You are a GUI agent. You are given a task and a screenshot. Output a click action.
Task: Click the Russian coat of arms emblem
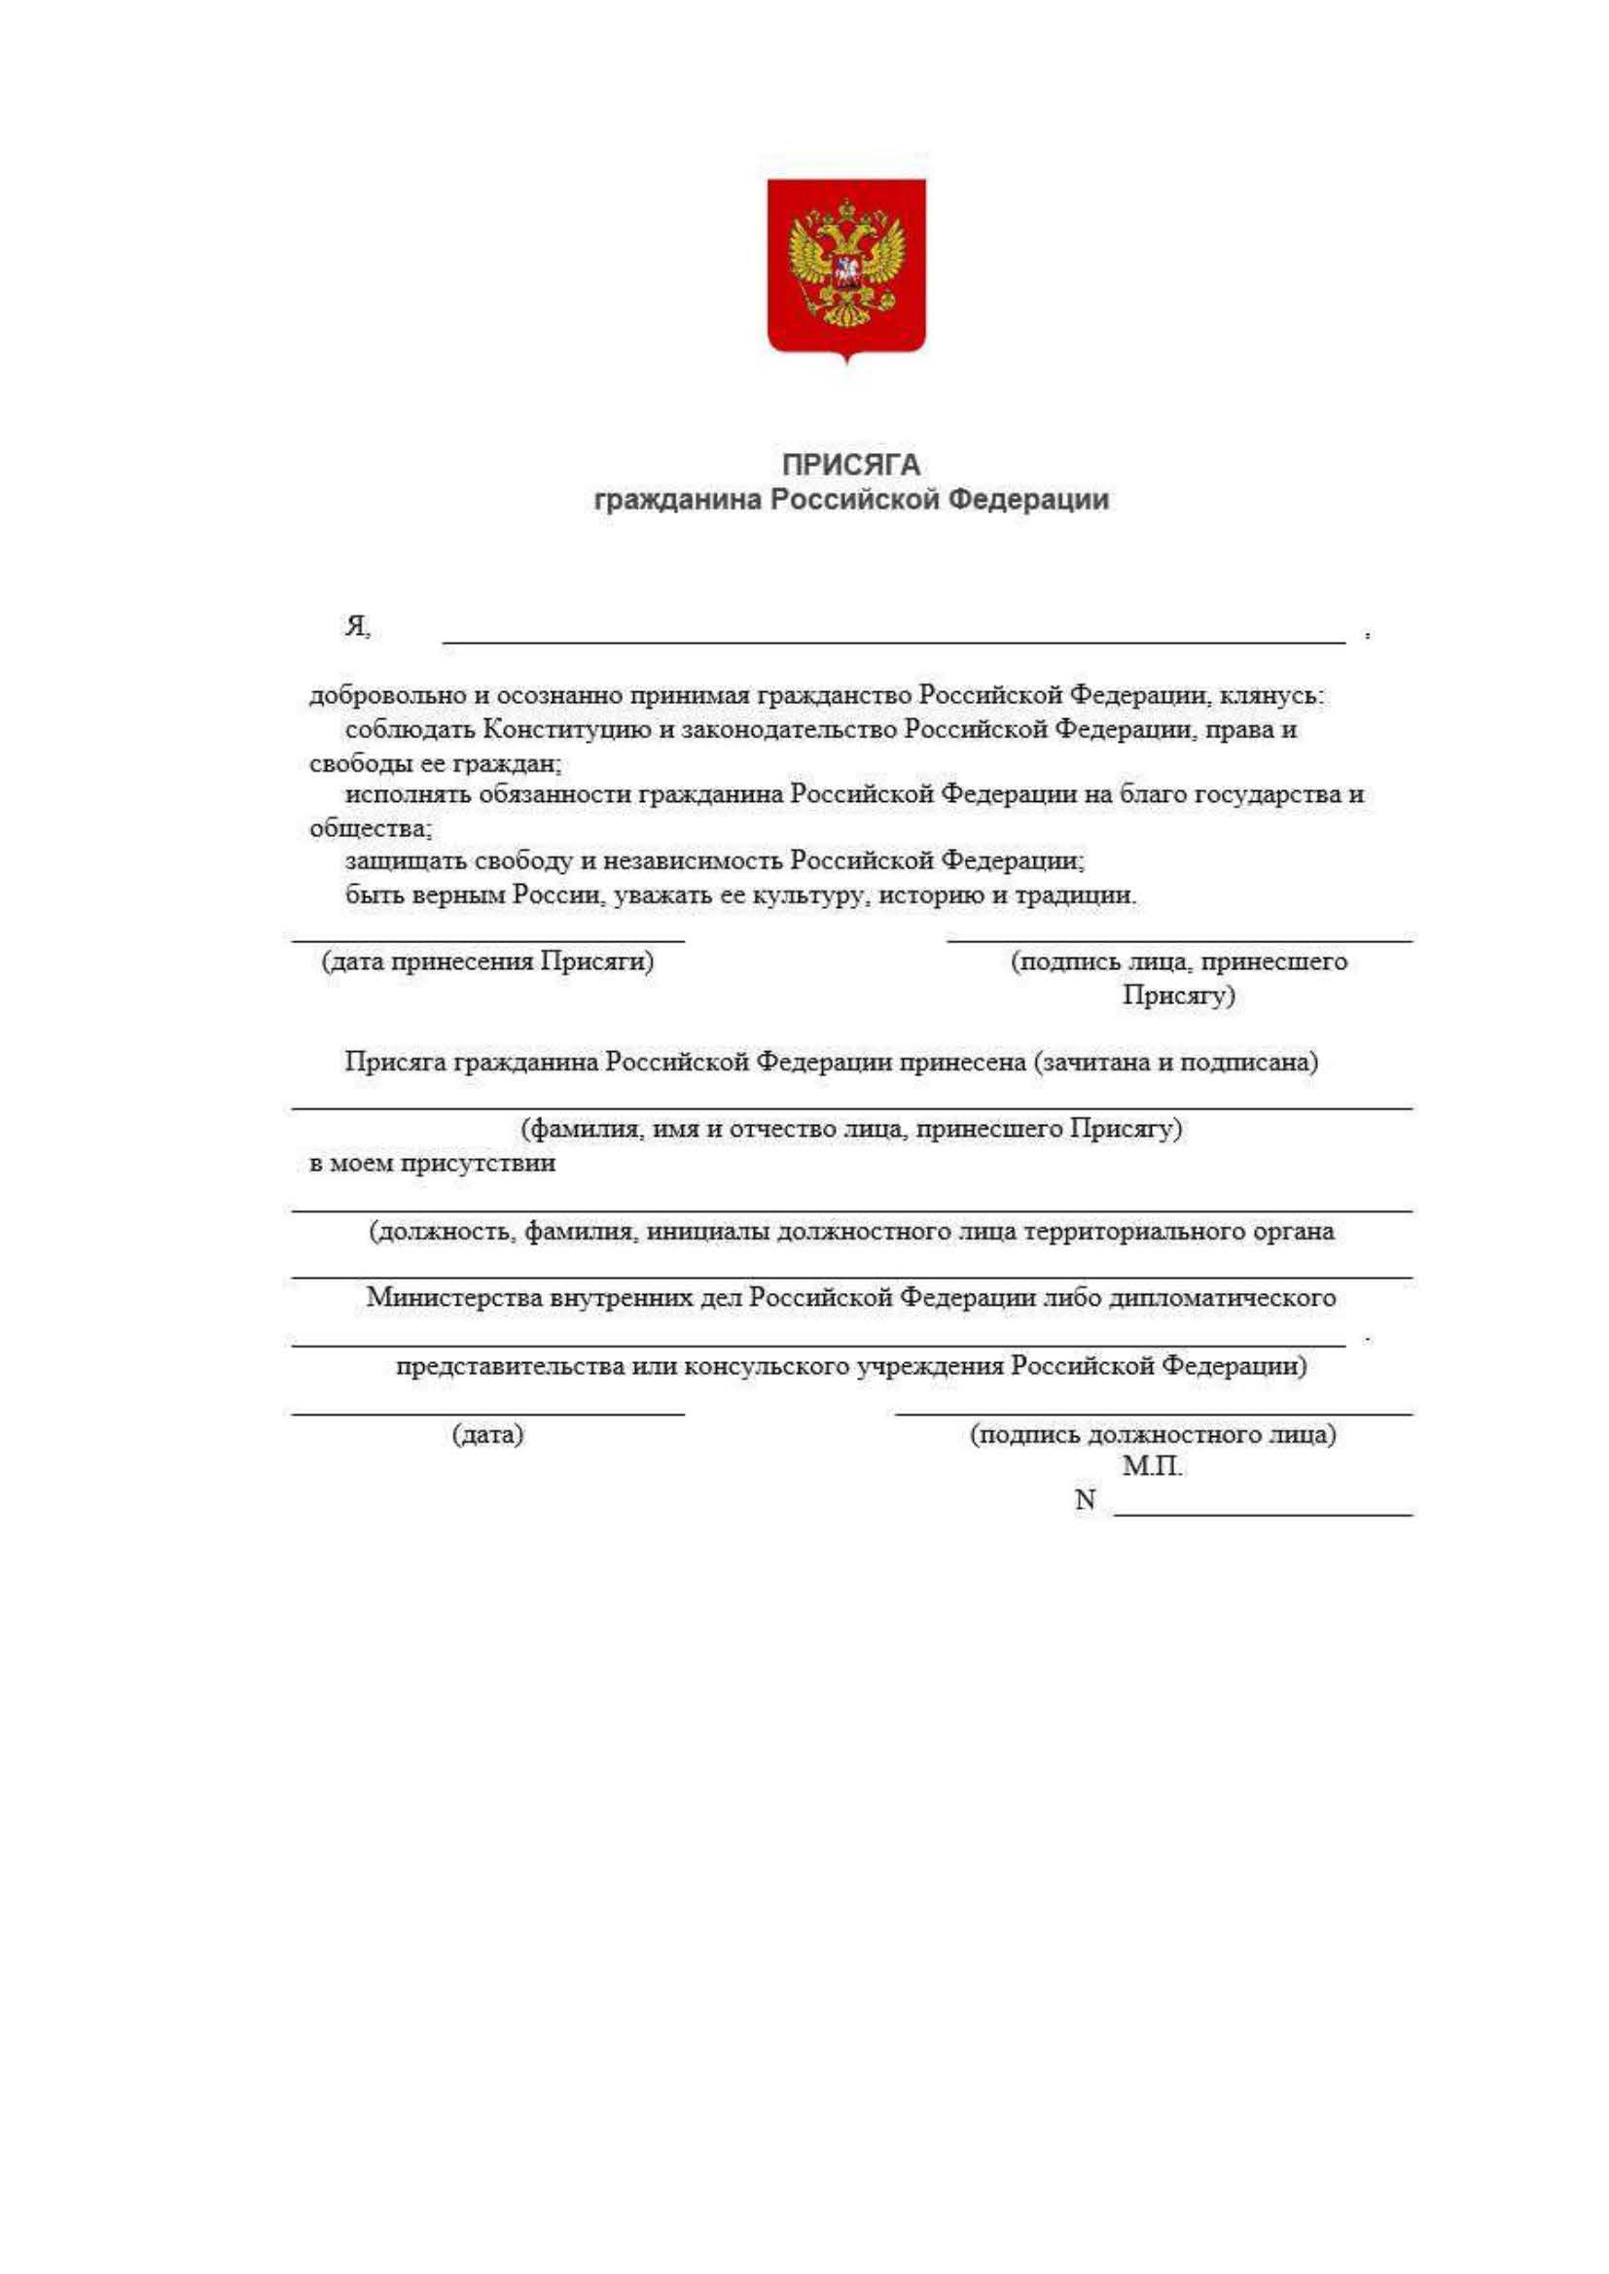pyautogui.click(x=846, y=267)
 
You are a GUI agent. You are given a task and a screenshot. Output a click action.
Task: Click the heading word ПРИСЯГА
pyautogui.click(x=851, y=465)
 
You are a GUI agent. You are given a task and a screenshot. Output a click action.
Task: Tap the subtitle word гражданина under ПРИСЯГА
pyautogui.click(x=678, y=500)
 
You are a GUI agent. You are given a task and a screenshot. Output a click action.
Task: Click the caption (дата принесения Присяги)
pyautogui.click(x=487, y=962)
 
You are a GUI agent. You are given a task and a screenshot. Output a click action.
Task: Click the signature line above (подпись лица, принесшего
pyautogui.click(x=1179, y=938)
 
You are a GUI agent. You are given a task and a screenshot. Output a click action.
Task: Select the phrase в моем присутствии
pyautogui.click(x=432, y=1163)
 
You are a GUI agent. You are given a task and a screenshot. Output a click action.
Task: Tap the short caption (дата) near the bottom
pyautogui.click(x=487, y=1434)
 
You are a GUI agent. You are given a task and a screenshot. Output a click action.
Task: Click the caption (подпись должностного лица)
pyautogui.click(x=1152, y=1434)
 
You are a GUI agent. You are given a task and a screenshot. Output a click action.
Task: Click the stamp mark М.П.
pyautogui.click(x=1152, y=1467)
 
